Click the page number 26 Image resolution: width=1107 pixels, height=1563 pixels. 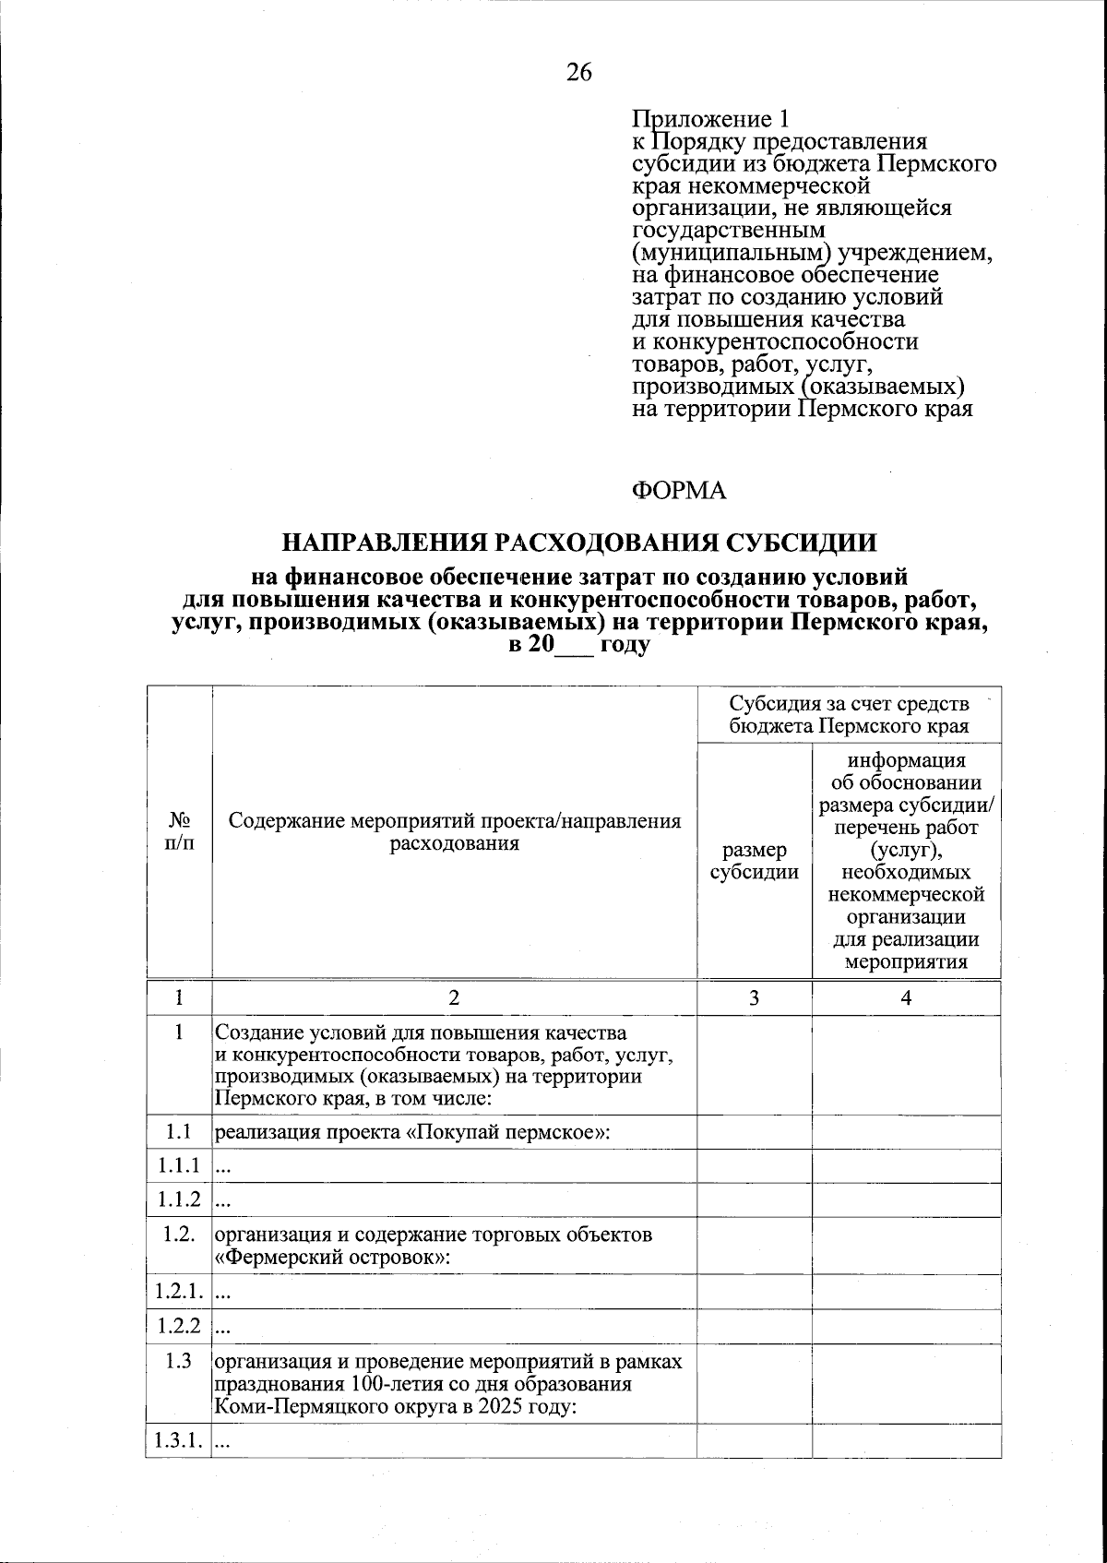(579, 73)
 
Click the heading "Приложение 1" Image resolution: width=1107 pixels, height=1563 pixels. (710, 119)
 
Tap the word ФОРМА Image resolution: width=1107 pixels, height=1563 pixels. (679, 491)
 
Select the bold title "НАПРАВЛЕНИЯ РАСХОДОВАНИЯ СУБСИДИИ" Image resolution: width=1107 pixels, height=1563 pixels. (579, 542)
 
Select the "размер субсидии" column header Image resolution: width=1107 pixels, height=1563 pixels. (754, 861)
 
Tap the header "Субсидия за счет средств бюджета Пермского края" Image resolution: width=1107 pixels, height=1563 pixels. (849, 714)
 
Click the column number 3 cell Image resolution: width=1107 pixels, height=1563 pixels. (754, 997)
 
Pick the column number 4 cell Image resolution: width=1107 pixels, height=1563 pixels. (906, 997)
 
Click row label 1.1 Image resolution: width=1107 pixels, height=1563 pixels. (178, 1131)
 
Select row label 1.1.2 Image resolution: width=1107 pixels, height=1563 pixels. (178, 1199)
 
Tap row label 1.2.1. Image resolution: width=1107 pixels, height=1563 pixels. (178, 1292)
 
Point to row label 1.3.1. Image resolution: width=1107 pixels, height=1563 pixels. (178, 1441)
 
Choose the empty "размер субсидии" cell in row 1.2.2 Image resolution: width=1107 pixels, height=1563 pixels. (754, 1327)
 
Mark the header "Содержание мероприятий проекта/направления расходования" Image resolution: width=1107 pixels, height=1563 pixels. (454, 832)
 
